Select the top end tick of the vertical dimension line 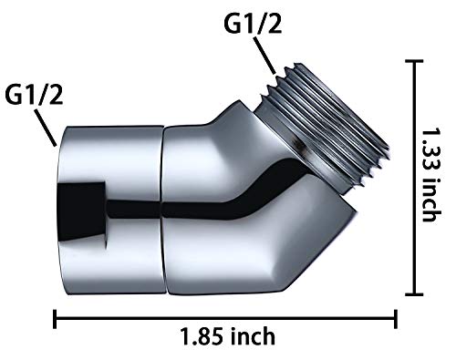[416, 61]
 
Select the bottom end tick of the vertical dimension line [416, 293]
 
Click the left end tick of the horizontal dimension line [56, 318]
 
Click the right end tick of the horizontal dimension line [396, 318]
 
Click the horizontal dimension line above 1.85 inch [228, 318]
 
